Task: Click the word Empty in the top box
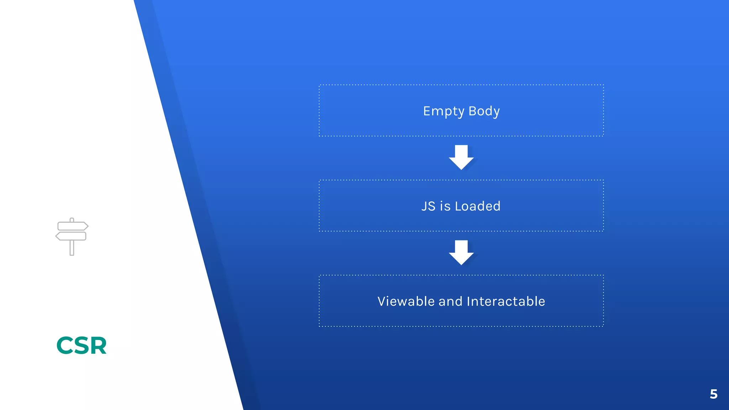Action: click(444, 111)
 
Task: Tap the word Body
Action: click(484, 111)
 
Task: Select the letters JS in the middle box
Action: click(428, 206)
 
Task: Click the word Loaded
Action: click(478, 206)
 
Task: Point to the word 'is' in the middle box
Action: click(445, 206)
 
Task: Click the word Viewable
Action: click(406, 301)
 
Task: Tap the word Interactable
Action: click(506, 301)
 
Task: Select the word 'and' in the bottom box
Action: click(450, 301)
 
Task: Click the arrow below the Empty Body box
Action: click(461, 157)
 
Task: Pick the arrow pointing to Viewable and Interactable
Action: click(461, 252)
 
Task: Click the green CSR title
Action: click(82, 346)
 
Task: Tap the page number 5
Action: click(713, 394)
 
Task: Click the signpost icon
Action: click(72, 236)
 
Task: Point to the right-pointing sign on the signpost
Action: click(73, 226)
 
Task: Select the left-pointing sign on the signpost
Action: click(71, 236)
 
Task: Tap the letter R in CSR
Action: click(98, 346)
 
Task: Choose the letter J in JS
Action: click(424, 206)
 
